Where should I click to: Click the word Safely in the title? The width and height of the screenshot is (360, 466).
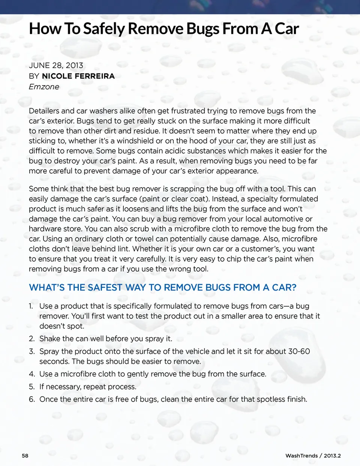coord(104,29)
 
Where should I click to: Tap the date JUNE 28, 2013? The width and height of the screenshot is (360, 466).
coord(56,65)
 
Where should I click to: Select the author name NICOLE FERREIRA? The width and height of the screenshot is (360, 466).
coord(78,76)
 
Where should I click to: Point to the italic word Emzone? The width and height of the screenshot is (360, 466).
coord(44,87)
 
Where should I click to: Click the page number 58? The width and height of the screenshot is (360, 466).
coord(25,456)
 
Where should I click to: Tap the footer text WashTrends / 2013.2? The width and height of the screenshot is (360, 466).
coord(313,456)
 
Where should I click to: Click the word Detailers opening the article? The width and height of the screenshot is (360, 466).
coord(44,111)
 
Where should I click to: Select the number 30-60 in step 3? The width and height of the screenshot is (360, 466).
coord(299,352)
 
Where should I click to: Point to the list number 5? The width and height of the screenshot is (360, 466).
coord(31,387)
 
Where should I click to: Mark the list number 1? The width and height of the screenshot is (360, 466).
coord(31,307)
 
